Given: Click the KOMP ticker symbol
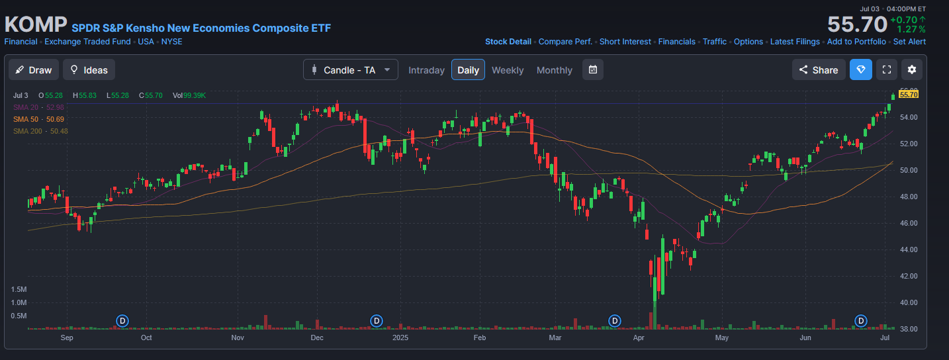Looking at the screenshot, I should click(36, 24).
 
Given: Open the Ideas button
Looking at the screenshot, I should click(89, 70).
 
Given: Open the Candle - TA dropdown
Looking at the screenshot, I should click(351, 70).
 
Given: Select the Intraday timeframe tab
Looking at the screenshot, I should click(426, 70).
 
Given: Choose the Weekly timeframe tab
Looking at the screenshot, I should click(508, 70).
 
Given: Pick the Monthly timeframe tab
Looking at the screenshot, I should click(554, 70).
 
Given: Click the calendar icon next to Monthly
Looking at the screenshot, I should click(593, 70).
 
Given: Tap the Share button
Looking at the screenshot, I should click(818, 70).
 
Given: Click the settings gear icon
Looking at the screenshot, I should click(912, 70).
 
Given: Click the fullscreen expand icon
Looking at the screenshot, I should click(887, 70).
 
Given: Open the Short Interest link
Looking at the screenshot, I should click(625, 42).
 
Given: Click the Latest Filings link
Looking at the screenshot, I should click(795, 42).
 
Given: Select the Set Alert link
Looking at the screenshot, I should click(909, 42).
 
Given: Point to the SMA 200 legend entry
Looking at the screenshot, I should click(40, 131).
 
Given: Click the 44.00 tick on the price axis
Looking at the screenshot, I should click(908, 249).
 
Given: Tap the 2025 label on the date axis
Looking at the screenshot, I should click(400, 338).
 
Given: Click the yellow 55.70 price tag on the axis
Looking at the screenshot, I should click(909, 95).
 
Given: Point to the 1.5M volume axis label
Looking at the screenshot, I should click(19, 290).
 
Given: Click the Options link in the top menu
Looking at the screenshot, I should click(748, 42).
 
